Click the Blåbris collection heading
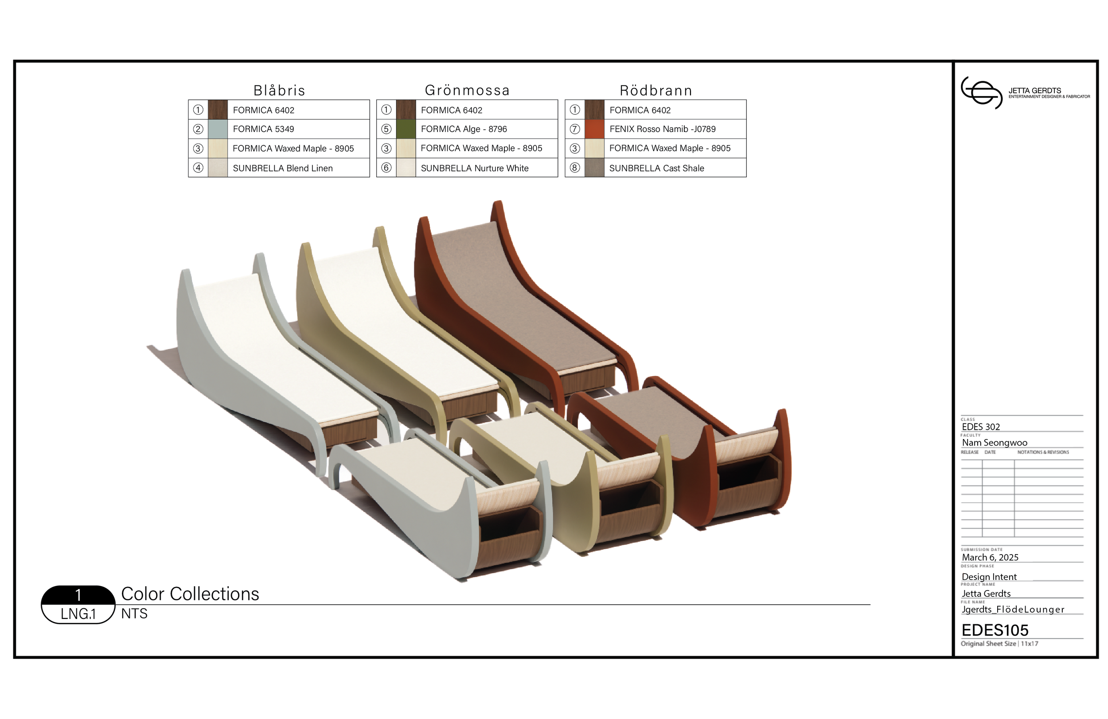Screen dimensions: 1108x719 click(x=279, y=90)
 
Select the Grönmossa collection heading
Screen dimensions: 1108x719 click(x=467, y=90)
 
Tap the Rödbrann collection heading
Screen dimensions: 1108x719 click(x=655, y=90)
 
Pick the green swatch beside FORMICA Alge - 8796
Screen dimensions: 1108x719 click(x=406, y=129)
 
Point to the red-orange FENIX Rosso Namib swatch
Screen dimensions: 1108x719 click(x=594, y=129)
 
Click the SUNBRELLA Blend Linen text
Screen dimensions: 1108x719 click(x=283, y=168)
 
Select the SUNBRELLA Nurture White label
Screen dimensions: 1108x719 click(x=474, y=168)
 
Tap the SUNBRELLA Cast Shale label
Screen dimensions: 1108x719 click(x=656, y=168)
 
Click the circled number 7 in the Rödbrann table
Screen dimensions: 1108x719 click(x=574, y=129)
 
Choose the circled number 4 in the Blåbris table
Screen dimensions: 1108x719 click(x=198, y=167)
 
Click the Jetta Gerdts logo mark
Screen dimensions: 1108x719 click(x=981, y=93)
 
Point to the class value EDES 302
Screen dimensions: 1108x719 click(x=980, y=427)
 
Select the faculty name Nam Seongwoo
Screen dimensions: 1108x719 click(x=995, y=443)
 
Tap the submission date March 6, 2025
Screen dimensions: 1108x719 click(x=990, y=557)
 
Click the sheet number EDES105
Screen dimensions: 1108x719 click(x=995, y=630)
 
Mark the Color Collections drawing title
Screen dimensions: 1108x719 click(x=190, y=594)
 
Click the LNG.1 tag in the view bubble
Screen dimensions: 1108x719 click(x=78, y=614)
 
